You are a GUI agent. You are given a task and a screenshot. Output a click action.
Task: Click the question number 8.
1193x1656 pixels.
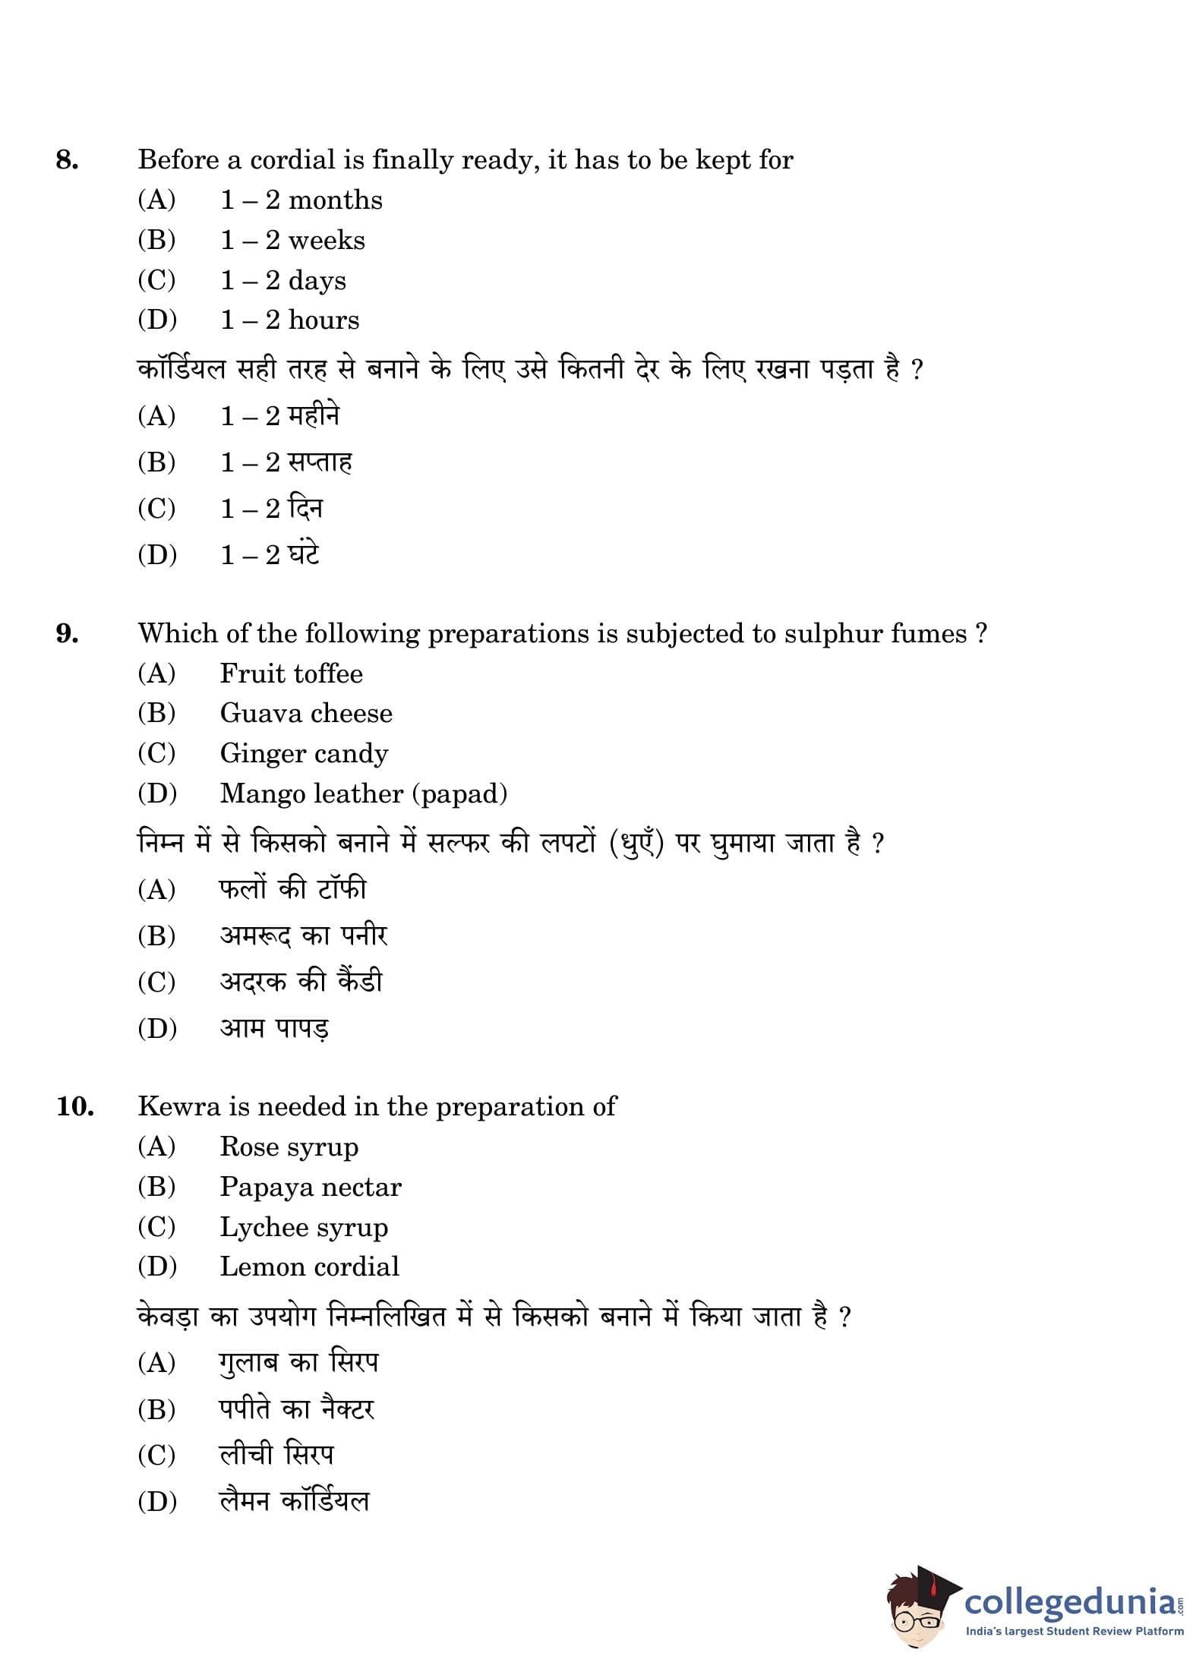67,160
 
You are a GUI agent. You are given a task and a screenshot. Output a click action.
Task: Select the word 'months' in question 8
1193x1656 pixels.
335,200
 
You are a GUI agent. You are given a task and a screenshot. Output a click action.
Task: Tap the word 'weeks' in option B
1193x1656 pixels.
327,241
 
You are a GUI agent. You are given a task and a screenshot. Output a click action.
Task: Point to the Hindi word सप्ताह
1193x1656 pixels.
320,462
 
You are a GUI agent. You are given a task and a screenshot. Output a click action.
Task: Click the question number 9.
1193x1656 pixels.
67,634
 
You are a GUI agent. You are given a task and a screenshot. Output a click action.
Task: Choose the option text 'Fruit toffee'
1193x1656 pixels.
291,673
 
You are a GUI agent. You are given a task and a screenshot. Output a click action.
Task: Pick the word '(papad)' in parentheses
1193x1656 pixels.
459,794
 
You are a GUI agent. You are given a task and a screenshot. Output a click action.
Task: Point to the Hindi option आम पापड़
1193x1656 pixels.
274,1029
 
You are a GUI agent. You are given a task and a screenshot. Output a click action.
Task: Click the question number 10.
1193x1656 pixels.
74,1107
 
